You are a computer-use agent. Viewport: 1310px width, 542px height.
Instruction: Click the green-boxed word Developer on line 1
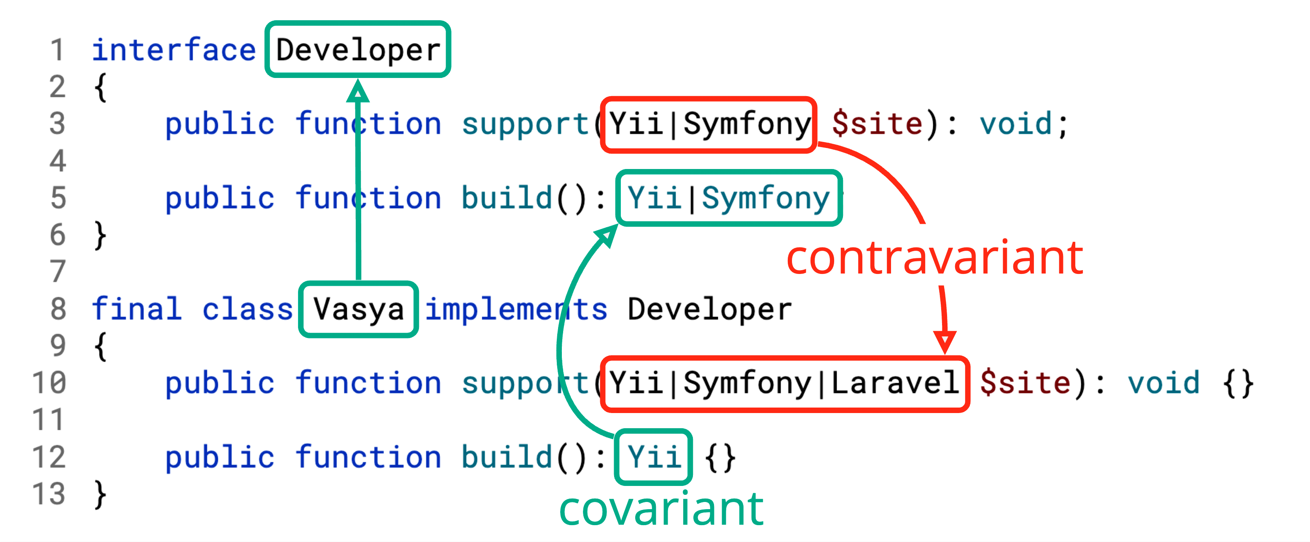[358, 50]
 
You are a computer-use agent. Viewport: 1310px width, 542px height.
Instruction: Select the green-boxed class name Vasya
[359, 309]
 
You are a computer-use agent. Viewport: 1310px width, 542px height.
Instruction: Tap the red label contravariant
[935, 258]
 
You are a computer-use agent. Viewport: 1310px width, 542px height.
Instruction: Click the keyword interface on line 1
[173, 50]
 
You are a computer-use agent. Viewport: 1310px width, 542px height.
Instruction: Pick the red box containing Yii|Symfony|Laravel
[785, 384]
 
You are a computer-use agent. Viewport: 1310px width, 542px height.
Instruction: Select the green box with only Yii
[653, 456]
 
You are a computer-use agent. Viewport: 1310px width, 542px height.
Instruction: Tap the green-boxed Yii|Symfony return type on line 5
[729, 198]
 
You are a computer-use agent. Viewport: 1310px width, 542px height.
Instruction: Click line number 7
[58, 271]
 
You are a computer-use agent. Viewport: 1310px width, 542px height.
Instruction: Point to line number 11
[48, 419]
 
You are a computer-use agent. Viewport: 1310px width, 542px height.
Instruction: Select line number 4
[58, 161]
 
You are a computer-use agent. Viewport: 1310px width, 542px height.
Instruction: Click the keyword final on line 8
[136, 309]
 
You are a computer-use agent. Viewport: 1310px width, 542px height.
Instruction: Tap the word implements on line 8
[516, 309]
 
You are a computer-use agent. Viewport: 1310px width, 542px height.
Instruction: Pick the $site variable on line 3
[877, 123]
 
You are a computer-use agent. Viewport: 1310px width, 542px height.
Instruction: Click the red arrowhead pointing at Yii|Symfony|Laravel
[945, 342]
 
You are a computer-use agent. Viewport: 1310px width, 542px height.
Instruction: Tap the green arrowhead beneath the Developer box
[358, 91]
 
